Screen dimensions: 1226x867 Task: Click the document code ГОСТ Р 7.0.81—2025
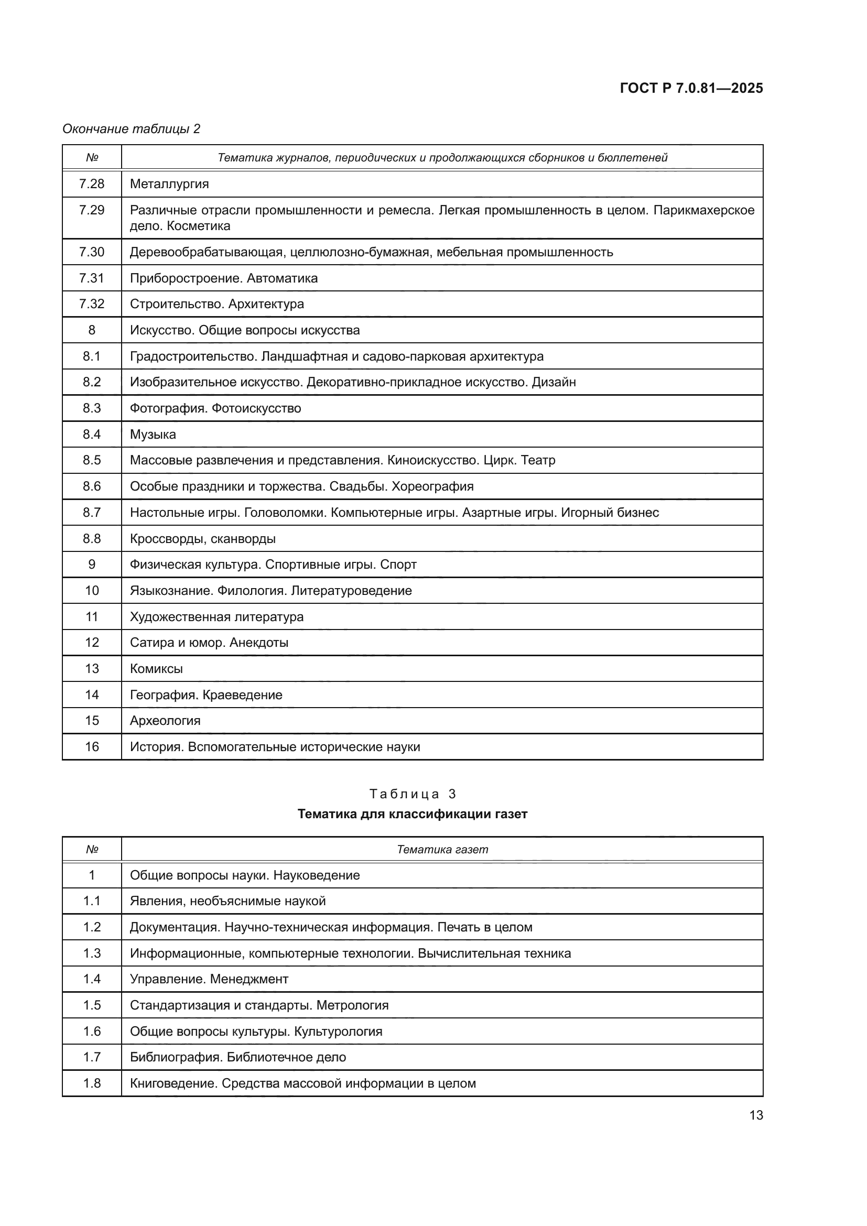click(691, 88)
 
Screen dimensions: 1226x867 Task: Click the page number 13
click(756, 1115)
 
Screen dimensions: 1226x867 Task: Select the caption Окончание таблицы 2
click(132, 129)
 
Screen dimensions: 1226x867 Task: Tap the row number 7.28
click(92, 183)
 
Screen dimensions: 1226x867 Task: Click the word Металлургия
click(169, 183)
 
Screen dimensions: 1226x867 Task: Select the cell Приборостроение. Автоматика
click(224, 278)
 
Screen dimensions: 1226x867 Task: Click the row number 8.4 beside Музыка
click(92, 434)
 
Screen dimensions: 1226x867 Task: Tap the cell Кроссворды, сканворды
click(203, 539)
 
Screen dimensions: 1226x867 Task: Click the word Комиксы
click(156, 668)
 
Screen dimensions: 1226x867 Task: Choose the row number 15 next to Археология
click(92, 721)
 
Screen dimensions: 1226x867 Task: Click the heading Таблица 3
click(412, 794)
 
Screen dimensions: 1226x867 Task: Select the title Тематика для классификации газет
click(412, 814)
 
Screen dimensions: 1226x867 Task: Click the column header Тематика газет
click(442, 850)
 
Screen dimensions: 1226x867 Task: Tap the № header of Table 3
click(92, 850)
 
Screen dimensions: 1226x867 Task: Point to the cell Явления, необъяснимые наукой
click(227, 902)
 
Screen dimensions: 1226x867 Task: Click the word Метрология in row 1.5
click(352, 1005)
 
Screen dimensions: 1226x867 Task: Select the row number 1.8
click(92, 1083)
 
